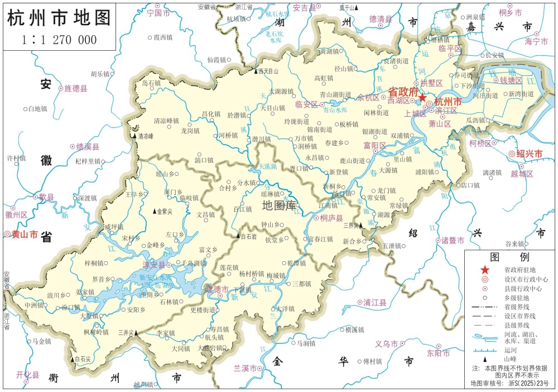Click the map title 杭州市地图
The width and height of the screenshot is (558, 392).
[59, 18]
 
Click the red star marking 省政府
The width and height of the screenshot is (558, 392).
[422, 98]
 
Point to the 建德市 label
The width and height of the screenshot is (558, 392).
[217, 289]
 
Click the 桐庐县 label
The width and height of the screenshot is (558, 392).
[331, 218]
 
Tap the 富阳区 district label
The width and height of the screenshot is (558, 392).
[374, 145]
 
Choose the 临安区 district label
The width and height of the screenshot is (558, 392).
[306, 104]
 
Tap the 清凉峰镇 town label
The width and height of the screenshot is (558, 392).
[166, 120]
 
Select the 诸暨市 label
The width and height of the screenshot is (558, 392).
[453, 241]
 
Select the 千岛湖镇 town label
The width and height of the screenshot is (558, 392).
[195, 262]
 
